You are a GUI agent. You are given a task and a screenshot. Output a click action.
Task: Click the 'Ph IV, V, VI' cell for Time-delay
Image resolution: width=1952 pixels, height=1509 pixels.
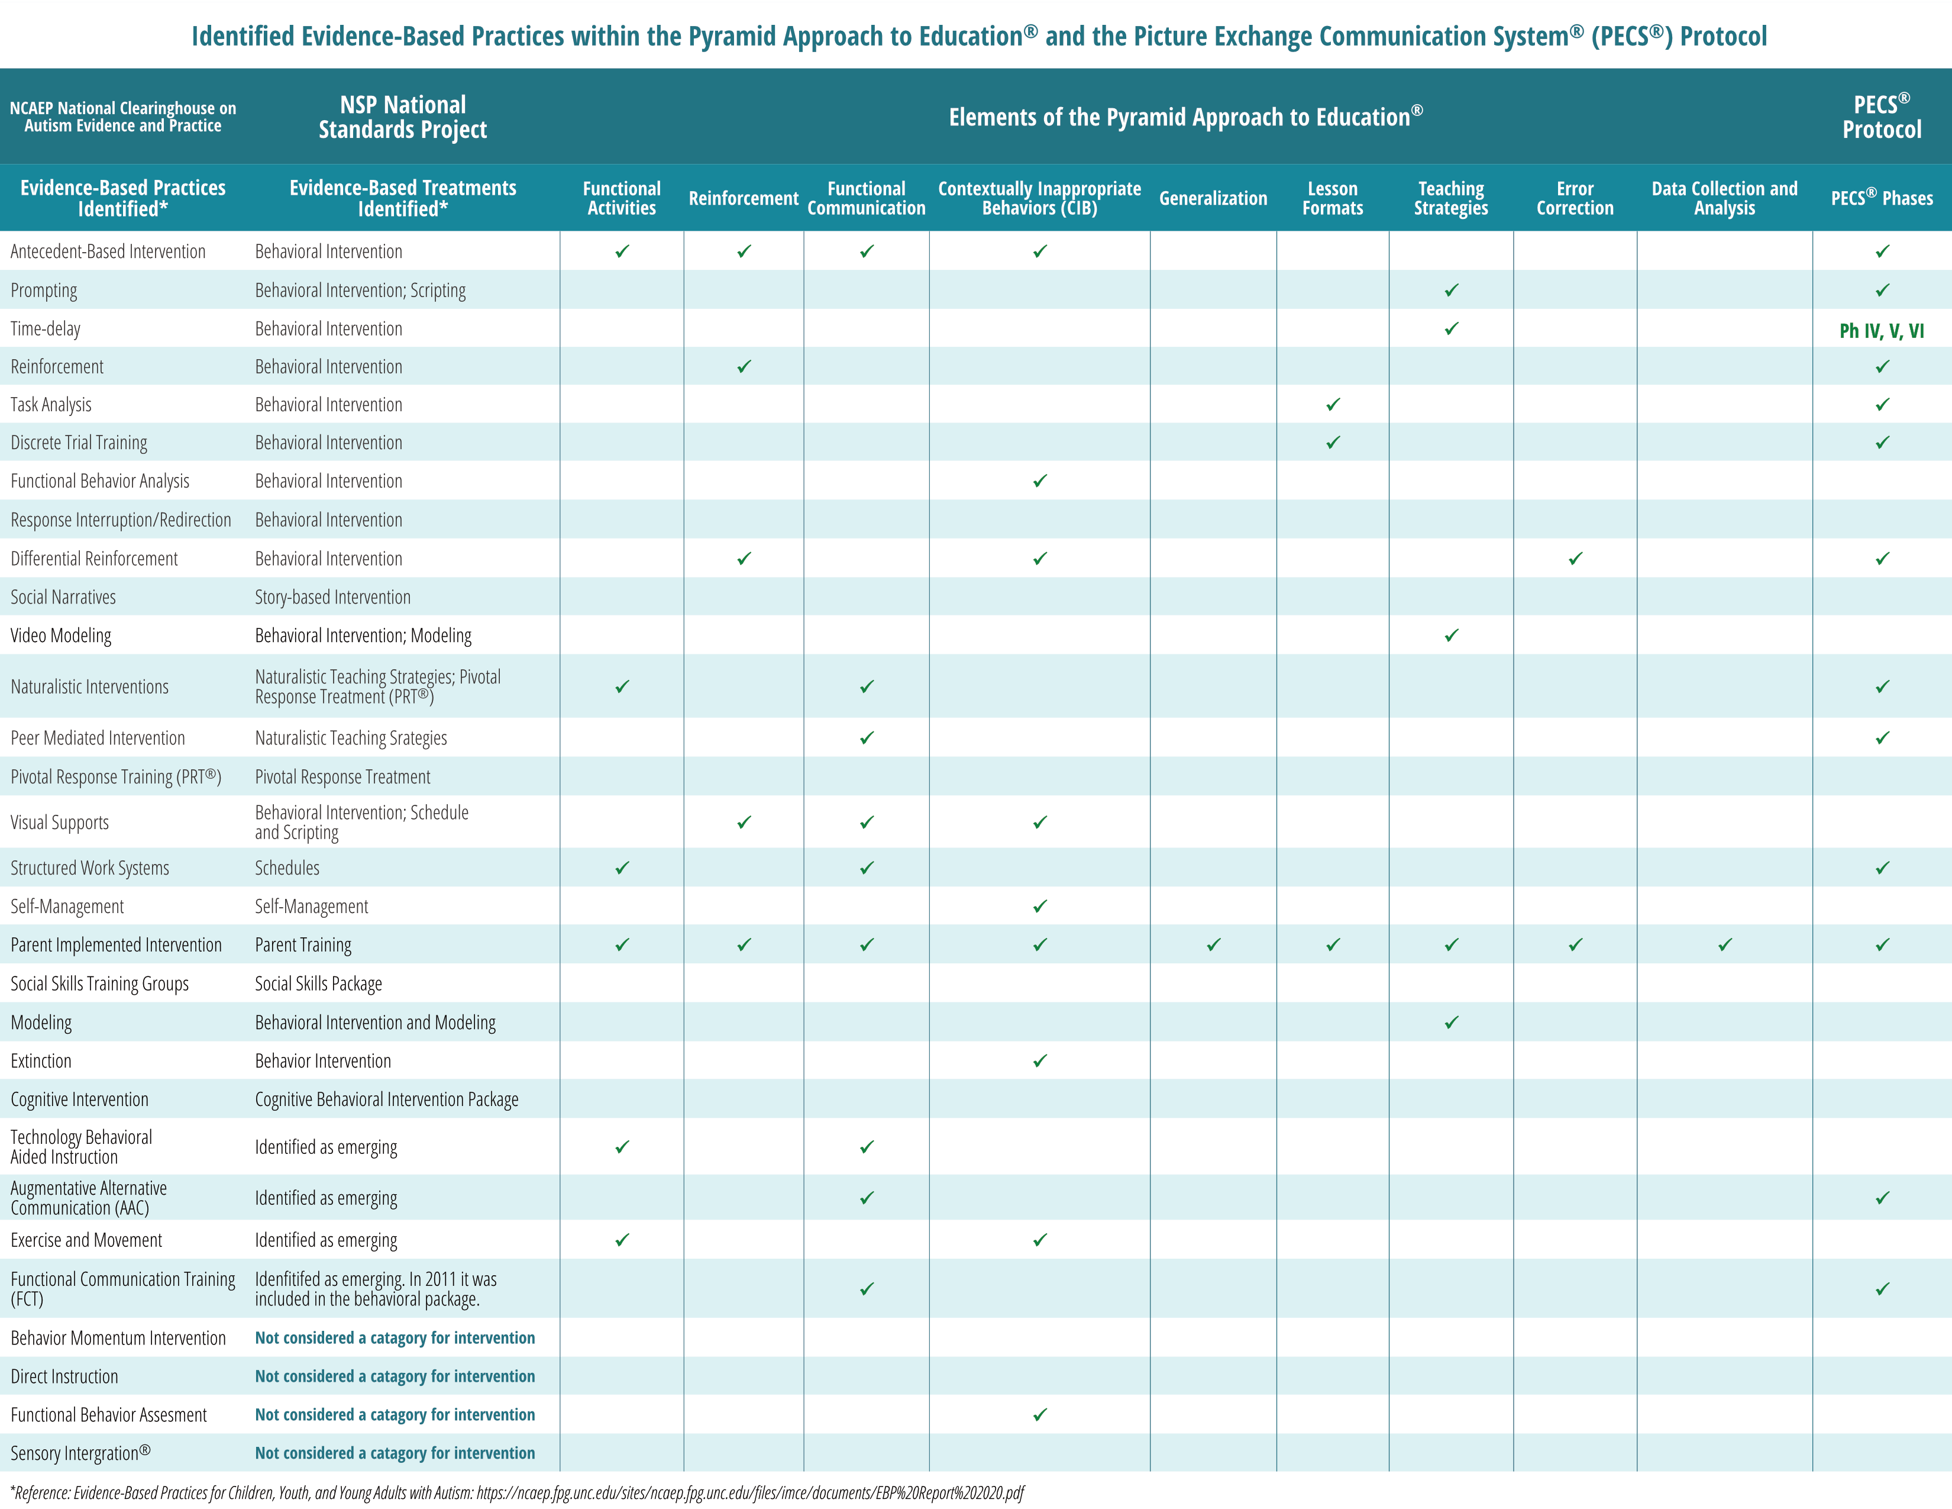[x=1882, y=331]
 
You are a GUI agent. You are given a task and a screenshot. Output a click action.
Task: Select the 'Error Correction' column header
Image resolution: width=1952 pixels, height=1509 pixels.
[x=1575, y=198]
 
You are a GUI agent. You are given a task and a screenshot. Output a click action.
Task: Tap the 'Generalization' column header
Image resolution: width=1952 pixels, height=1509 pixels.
[x=1213, y=198]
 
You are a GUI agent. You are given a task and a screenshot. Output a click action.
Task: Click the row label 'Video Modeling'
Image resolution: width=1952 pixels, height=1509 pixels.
[x=61, y=636]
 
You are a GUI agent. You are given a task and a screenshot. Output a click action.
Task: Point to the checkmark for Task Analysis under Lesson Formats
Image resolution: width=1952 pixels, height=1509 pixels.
[x=1333, y=405]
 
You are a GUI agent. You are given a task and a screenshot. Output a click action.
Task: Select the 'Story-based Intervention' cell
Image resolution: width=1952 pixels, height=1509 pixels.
[x=332, y=597]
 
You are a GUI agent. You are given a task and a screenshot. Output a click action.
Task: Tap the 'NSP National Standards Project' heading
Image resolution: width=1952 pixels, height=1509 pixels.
[x=402, y=117]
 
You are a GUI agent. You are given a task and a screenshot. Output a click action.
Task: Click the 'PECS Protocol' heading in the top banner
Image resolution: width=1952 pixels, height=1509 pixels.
[x=1882, y=117]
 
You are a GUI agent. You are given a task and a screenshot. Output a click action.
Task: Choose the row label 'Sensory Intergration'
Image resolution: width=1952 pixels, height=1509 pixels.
[x=80, y=1453]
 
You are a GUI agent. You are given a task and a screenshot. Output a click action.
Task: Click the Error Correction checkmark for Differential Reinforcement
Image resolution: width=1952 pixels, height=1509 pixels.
[x=1575, y=559]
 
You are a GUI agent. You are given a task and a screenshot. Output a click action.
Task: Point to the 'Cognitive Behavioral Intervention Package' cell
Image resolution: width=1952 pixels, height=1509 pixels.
[x=386, y=1099]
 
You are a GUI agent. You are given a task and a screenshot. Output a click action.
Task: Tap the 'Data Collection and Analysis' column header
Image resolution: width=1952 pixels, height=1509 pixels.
[x=1724, y=198]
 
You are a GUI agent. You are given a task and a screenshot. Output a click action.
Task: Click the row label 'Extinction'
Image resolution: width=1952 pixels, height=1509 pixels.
[x=41, y=1061]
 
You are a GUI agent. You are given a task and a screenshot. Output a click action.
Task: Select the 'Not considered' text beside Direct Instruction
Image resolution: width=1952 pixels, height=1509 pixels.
[x=395, y=1376]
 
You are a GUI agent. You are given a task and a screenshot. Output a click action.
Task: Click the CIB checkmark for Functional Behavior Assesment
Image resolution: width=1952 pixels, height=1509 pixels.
[x=1039, y=1415]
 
